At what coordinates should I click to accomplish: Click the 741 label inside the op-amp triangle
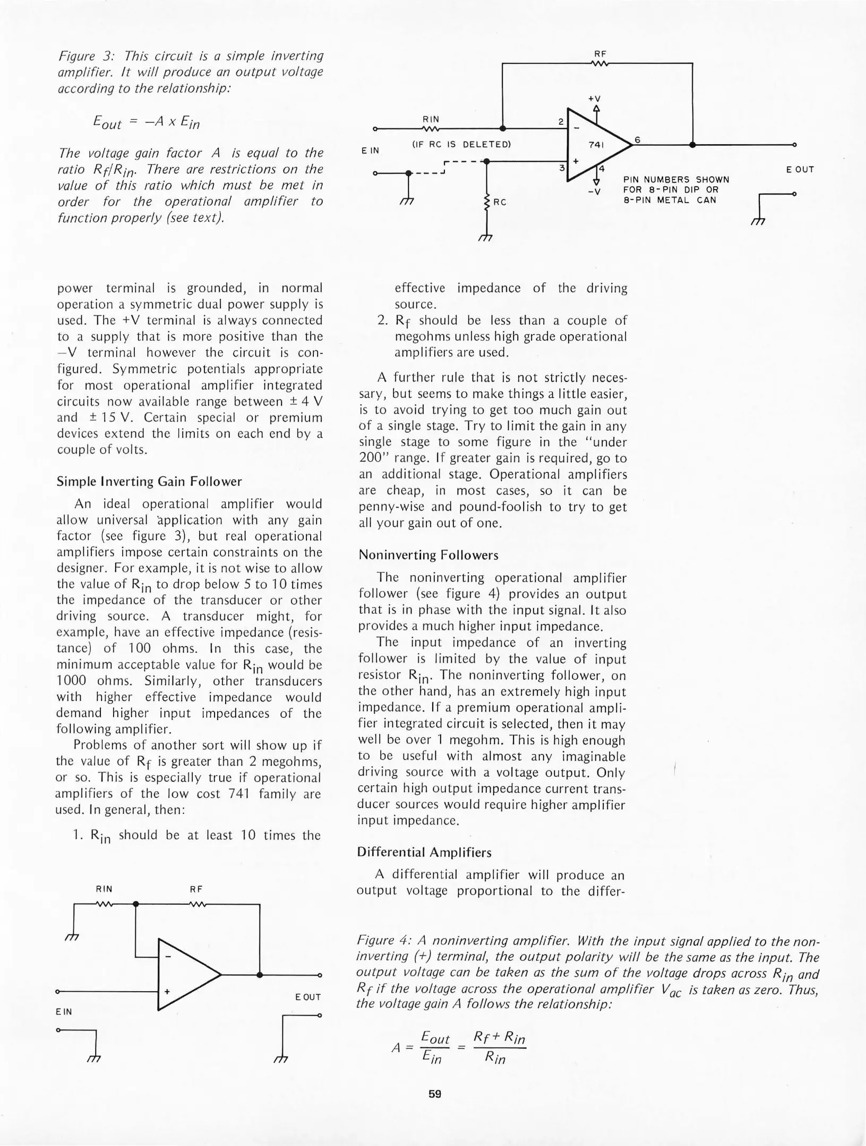(596, 144)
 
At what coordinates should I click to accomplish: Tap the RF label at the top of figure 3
(600, 54)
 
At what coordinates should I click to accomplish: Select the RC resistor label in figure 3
(500, 202)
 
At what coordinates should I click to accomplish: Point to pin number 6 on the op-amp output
(638, 140)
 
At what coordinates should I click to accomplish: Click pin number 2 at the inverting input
(561, 121)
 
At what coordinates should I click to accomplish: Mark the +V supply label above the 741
(594, 99)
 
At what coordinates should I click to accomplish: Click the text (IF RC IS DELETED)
(461, 144)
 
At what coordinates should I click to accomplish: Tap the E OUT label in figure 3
(800, 170)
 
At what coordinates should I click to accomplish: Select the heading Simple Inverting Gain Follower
(149, 482)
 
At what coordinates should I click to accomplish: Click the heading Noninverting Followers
(428, 555)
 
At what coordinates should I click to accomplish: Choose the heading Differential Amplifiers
(424, 852)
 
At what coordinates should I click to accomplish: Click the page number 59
(435, 1093)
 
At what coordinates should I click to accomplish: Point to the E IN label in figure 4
(64, 1012)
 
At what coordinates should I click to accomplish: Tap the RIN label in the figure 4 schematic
(104, 889)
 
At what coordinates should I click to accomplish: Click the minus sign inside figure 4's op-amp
(168, 957)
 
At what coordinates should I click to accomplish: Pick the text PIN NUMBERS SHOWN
(676, 180)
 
